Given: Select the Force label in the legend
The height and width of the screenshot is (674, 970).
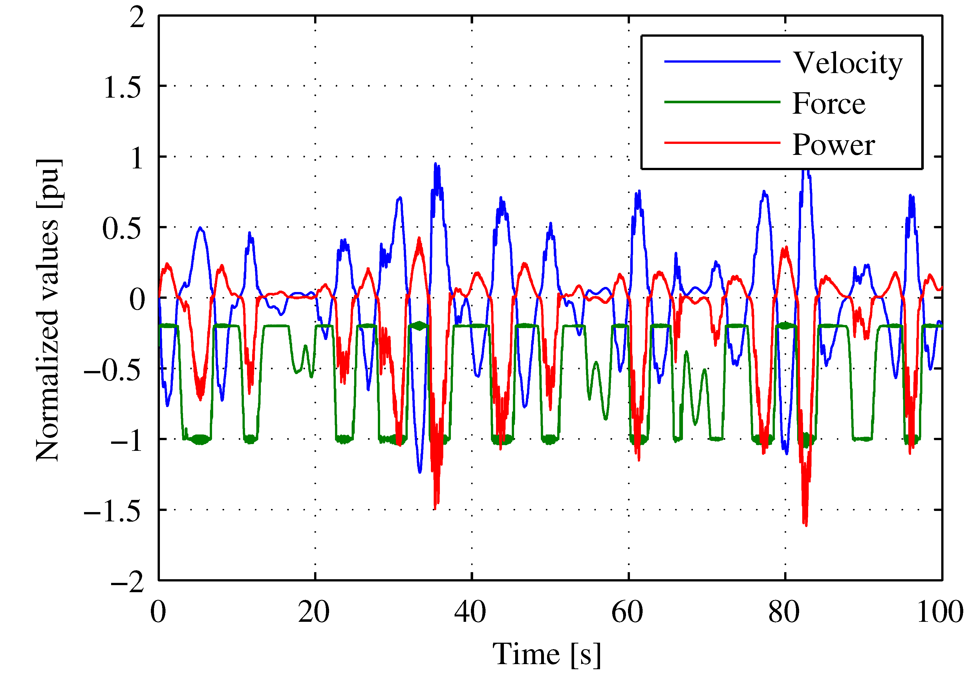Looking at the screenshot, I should (829, 104).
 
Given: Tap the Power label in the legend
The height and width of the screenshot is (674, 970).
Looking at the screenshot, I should (833, 144).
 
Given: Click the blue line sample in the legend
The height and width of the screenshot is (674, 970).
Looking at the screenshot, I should (722, 62).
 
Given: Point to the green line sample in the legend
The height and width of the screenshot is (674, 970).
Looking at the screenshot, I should (722, 102).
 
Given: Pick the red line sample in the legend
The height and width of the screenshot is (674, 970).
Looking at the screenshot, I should (722, 143).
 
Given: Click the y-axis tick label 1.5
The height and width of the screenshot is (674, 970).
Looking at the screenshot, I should (122, 88).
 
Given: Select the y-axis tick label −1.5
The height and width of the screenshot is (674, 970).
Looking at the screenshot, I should (112, 511).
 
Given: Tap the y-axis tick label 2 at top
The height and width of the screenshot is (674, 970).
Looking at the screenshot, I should (137, 18).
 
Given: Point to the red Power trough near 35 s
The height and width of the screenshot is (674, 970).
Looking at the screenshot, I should (435, 508).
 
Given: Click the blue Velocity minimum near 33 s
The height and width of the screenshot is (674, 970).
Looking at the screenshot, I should (420, 472).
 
